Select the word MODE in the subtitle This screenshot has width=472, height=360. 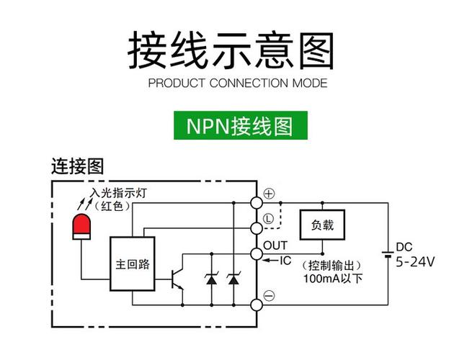point(309,83)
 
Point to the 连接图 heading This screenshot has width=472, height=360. point(77,166)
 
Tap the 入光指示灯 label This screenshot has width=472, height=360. point(119,194)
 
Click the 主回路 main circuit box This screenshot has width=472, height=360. point(133,264)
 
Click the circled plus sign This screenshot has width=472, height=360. point(269,194)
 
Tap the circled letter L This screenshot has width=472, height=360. point(268,217)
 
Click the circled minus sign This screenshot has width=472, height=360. point(268,295)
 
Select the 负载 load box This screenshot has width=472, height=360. point(322,225)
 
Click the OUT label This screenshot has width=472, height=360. point(275,246)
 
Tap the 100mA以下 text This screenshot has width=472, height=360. point(332,279)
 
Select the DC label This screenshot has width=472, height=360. point(404,247)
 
